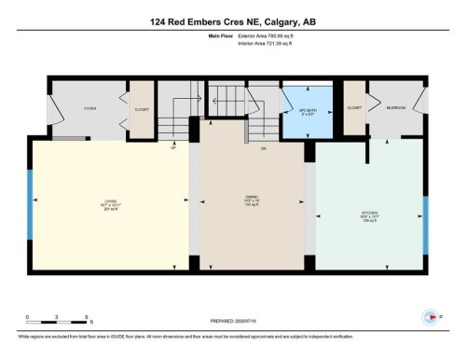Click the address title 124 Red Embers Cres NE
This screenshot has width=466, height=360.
pos(232,20)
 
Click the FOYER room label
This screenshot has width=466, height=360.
pos(90,109)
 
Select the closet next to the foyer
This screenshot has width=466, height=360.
pos(141,108)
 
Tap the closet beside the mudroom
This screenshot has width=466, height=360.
pos(354,108)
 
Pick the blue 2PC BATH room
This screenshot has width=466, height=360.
pos(306,112)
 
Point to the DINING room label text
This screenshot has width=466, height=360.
pos(251,200)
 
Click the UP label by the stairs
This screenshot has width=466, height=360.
pos(173,147)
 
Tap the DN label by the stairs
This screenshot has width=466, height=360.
pos(263,148)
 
